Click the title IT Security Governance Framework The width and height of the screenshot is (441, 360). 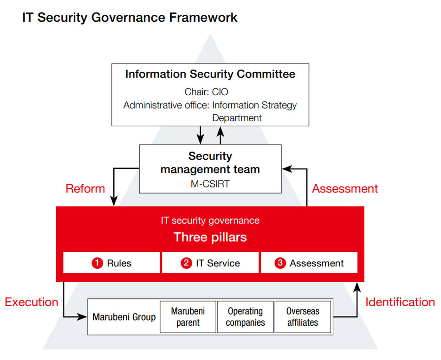(x=130, y=18)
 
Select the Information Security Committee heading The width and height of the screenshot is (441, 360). (x=210, y=74)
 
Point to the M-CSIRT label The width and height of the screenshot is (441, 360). (x=210, y=184)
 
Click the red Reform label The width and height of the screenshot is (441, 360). (x=85, y=189)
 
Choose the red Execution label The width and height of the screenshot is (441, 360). (x=32, y=302)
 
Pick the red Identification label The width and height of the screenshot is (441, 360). (x=400, y=302)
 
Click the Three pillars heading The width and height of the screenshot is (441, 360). (x=210, y=238)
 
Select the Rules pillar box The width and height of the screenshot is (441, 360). (x=111, y=263)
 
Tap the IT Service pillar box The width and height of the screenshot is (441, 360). (x=210, y=263)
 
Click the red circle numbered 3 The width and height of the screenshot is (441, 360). (x=280, y=263)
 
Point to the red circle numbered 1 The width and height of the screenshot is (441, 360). (x=97, y=263)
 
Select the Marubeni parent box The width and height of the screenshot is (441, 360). (x=188, y=317)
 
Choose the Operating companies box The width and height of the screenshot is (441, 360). (x=245, y=317)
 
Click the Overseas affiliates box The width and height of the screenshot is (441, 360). (x=303, y=317)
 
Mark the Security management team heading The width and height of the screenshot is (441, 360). (x=210, y=163)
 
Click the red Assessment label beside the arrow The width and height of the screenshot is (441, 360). (x=345, y=189)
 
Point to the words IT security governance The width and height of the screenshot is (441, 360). (x=210, y=220)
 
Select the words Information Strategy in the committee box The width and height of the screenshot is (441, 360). (x=254, y=105)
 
